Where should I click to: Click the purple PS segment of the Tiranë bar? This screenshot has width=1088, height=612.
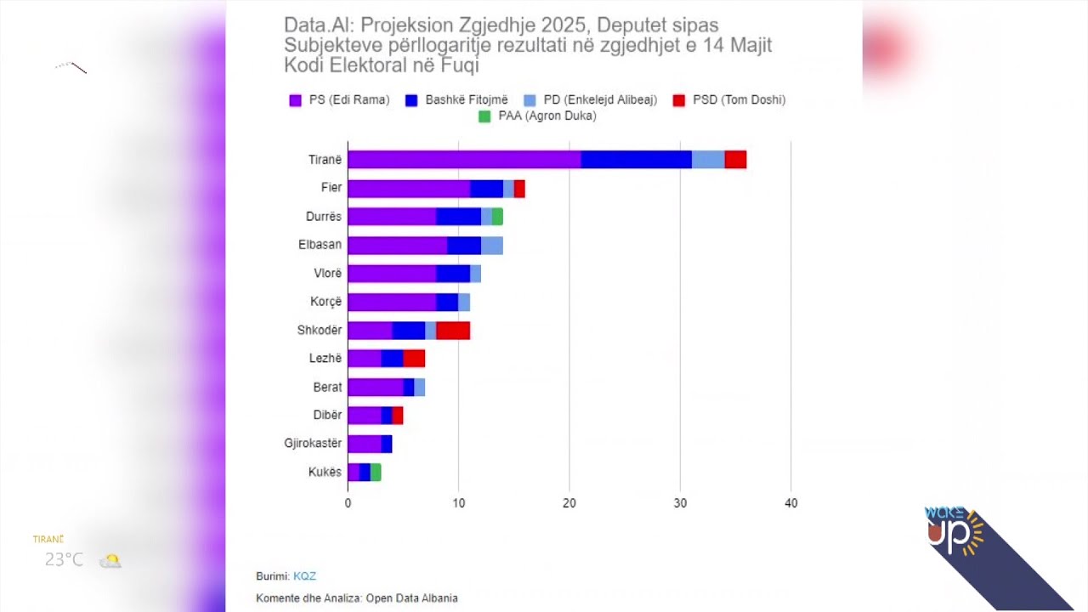[x=464, y=160]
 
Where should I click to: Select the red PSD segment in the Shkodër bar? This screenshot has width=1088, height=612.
[x=453, y=331]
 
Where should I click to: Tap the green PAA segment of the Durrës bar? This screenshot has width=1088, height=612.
[x=497, y=217]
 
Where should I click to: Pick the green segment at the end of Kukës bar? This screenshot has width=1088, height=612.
[x=376, y=473]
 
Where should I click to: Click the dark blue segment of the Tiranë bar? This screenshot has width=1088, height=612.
[x=636, y=160]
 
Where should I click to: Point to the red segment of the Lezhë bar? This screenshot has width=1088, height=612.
[x=414, y=359]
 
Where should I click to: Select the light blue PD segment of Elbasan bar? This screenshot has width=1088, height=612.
[x=492, y=246]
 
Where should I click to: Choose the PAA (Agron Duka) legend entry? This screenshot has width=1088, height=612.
[x=547, y=116]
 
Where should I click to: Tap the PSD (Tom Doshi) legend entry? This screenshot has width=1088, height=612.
[x=738, y=100]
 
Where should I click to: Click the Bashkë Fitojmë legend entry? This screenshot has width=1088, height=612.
[x=467, y=100]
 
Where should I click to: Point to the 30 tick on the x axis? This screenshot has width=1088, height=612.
[x=680, y=503]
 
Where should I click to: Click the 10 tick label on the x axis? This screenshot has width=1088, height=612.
[x=458, y=503]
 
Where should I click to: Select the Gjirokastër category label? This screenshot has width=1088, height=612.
[x=313, y=444]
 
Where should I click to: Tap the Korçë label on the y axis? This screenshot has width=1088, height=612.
[x=326, y=302]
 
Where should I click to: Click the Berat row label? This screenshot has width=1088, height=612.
[x=327, y=388]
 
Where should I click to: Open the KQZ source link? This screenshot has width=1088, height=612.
[x=304, y=576]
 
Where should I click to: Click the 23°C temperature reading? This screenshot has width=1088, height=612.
[x=65, y=560]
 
